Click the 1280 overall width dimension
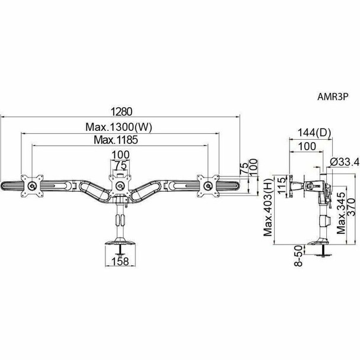[121, 110]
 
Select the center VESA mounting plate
[120, 185]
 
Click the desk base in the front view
[120, 243]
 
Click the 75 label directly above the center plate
[120, 165]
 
